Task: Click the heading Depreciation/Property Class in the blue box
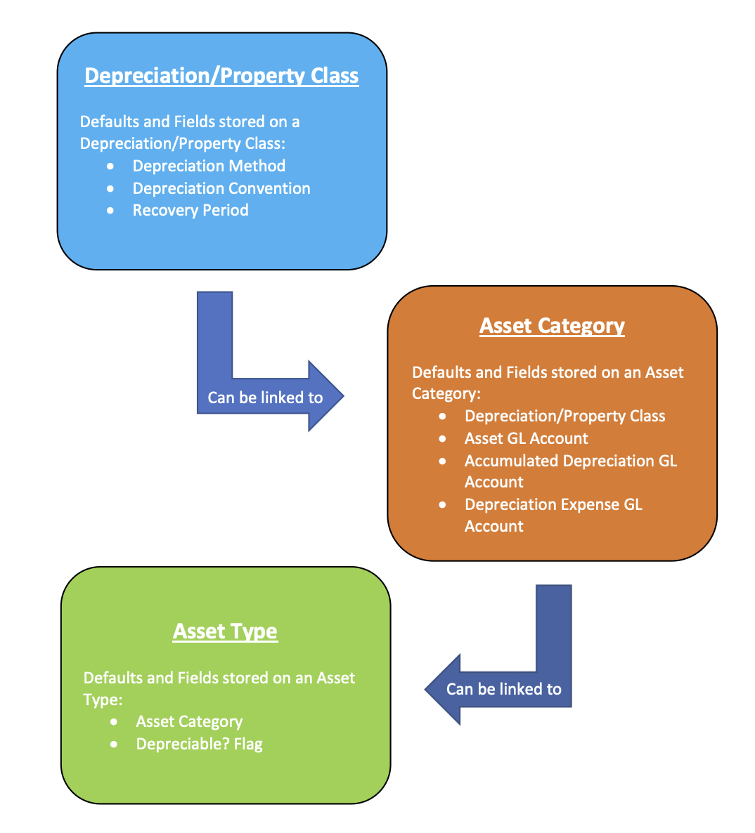pos(221,76)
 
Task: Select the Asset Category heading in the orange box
pos(552,326)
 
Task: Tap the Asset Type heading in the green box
pos(225,631)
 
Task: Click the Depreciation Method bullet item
pos(209,166)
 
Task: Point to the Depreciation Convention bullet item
pos(221,188)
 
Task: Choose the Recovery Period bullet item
pos(191,210)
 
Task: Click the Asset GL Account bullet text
pos(526,438)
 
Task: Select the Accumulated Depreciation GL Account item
pos(570,471)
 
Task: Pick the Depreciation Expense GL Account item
pos(553,515)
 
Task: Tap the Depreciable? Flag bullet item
pos(199,744)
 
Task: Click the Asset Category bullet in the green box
pos(189,721)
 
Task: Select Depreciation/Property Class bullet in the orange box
pos(564,416)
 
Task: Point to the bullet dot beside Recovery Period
pos(110,210)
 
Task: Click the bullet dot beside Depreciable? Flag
pos(114,744)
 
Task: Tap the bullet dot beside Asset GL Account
pos(442,438)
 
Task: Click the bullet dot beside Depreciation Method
pos(110,166)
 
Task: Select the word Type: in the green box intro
pos(103,700)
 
